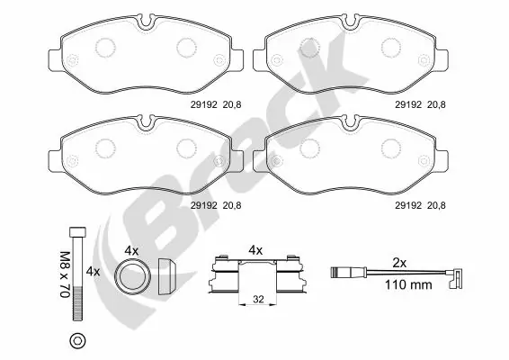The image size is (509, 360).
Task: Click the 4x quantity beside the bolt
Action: point(92,271)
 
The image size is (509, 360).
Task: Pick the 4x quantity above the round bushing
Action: point(130,249)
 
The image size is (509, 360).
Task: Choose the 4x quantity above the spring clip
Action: point(254,249)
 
